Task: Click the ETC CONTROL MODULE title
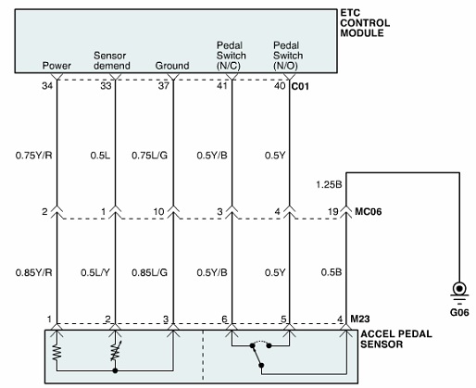pos(365,23)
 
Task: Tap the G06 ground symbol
pos(459,291)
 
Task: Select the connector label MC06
pos(369,211)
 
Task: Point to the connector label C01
pos(300,86)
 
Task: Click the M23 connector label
pos(360,319)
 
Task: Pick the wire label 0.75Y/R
pos(34,156)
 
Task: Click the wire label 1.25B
pos(329,184)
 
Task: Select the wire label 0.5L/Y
pos(95,272)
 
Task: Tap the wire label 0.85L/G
pos(150,272)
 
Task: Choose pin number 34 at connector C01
pos(47,85)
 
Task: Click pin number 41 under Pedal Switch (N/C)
pos(221,85)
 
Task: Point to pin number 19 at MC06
pos(333,211)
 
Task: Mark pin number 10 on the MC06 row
pos(158,211)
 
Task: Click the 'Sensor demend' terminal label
pos(112,60)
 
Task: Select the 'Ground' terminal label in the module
pos(172,66)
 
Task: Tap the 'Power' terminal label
pos(56,66)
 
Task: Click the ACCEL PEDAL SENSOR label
pos(396,339)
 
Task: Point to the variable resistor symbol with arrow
pos(115,351)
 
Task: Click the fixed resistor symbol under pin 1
pos(56,353)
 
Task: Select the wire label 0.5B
pos(332,272)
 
